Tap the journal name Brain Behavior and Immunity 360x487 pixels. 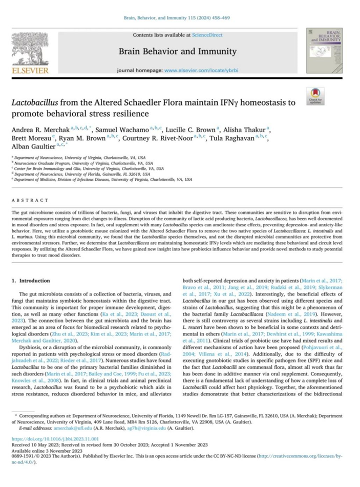coord(177,51)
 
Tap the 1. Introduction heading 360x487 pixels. coord(32,281)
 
